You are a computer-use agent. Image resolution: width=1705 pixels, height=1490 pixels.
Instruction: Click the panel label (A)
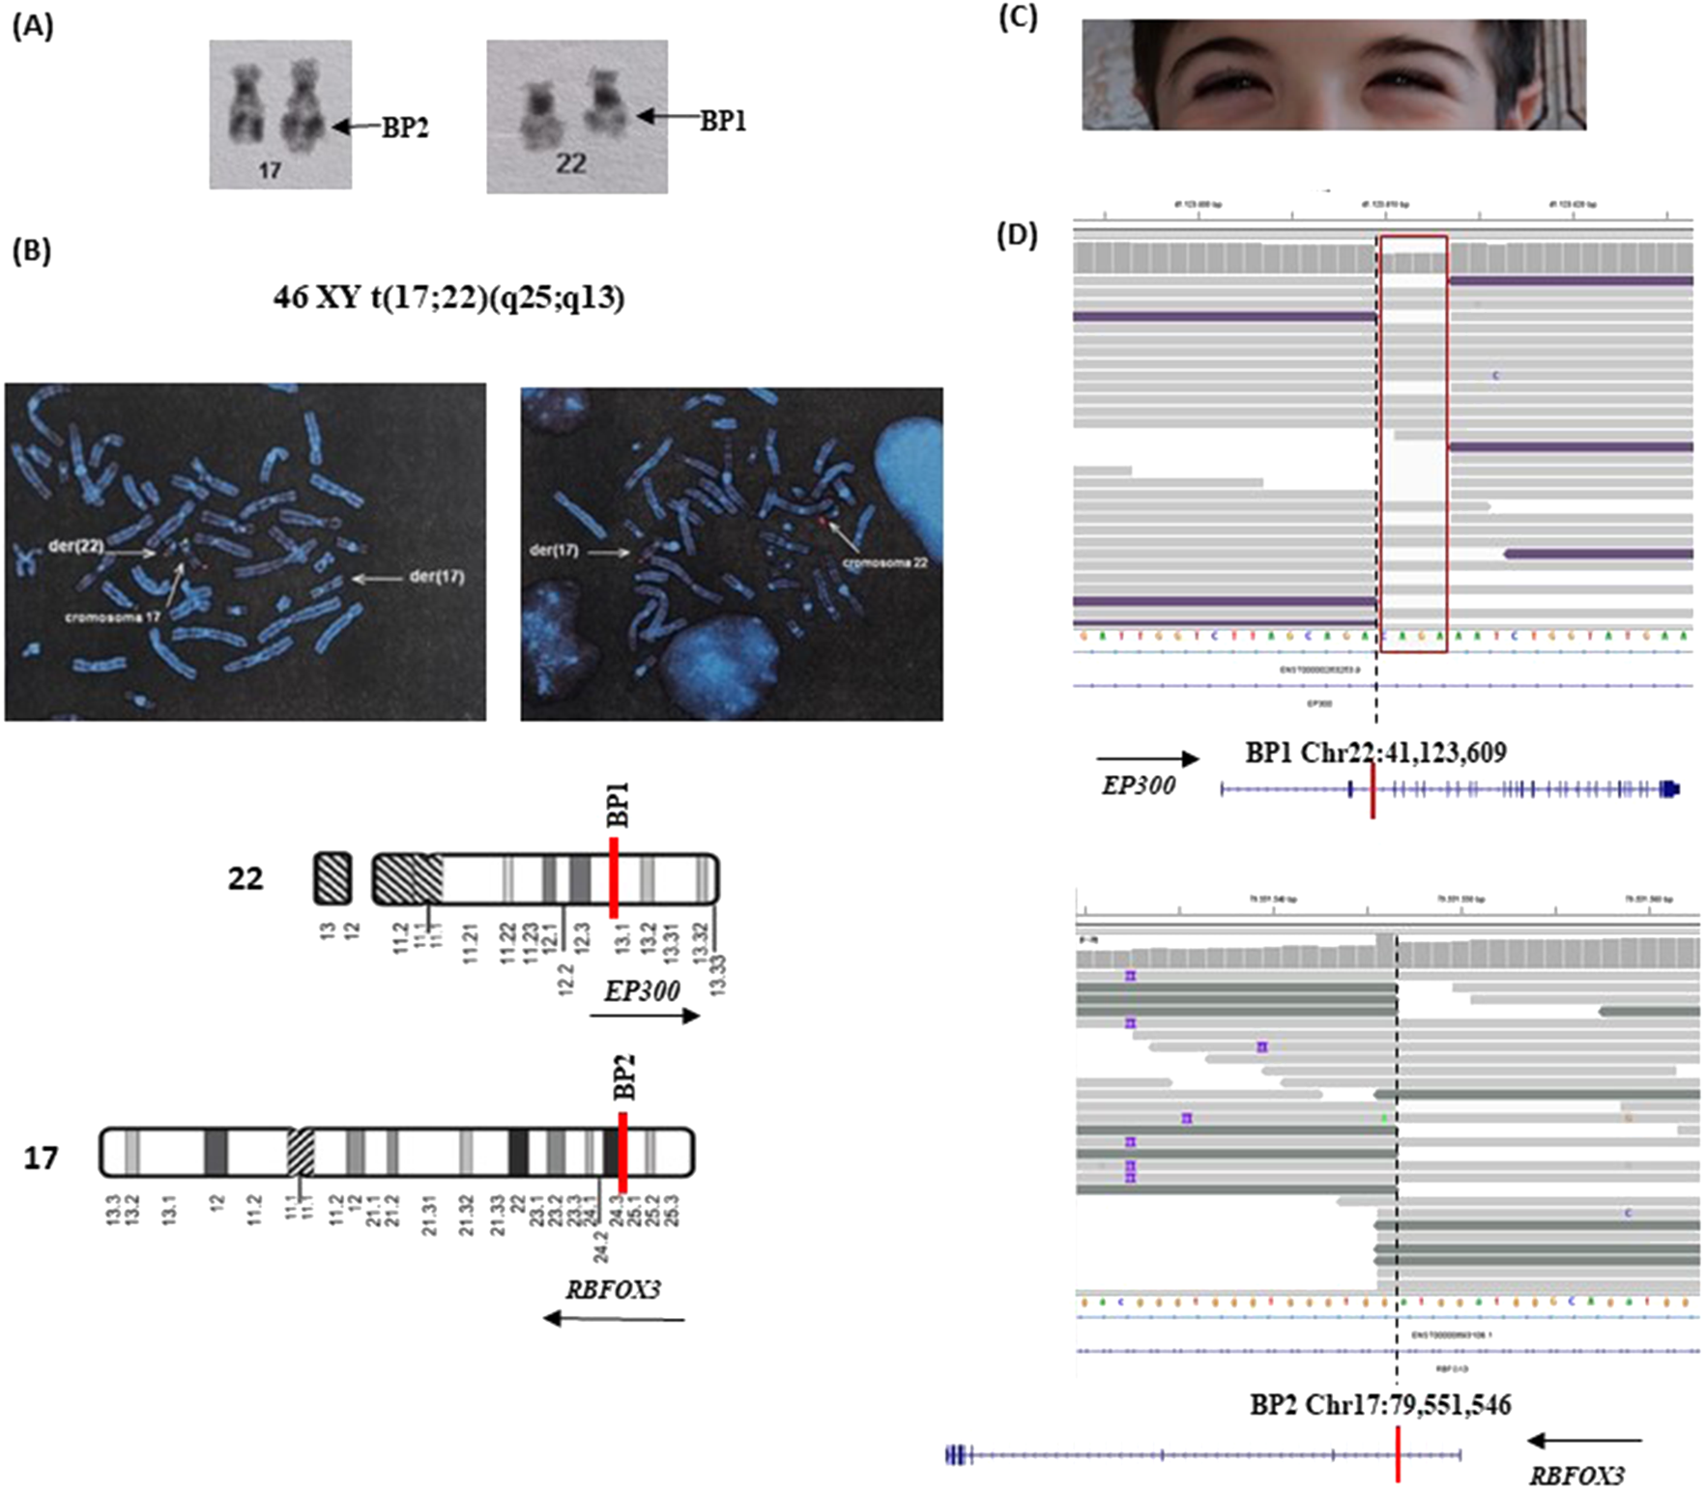[x=32, y=27]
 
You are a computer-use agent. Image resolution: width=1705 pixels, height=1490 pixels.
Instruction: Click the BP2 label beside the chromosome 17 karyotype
[x=404, y=129]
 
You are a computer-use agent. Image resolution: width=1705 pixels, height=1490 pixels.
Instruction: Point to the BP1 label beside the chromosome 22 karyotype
[x=722, y=121]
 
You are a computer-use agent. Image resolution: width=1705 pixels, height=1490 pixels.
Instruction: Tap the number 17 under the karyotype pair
[x=270, y=171]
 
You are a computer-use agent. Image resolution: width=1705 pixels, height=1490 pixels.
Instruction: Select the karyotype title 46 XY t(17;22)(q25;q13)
[x=448, y=298]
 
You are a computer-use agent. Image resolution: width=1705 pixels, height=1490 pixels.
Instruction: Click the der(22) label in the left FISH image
[x=75, y=546]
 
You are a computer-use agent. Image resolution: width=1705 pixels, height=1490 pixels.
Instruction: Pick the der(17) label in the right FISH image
[x=554, y=551]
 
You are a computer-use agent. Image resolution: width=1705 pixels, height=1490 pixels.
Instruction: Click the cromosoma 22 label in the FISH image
[x=885, y=561]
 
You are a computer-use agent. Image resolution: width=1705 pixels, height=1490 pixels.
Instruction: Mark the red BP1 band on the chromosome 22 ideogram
[x=614, y=877]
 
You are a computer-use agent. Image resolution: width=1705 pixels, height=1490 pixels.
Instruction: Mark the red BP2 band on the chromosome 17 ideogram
[x=622, y=1152]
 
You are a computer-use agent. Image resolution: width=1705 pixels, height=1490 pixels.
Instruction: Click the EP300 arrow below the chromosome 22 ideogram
[x=644, y=1016]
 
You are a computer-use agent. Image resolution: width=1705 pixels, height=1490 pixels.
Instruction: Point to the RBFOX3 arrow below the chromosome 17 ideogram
[x=614, y=1318]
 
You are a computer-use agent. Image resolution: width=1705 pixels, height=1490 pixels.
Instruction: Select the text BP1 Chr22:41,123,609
[x=1375, y=752]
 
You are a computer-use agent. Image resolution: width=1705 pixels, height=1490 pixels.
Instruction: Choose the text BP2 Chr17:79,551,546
[x=1380, y=1404]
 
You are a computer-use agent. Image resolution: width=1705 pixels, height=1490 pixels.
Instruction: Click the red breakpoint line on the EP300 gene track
[x=1373, y=789]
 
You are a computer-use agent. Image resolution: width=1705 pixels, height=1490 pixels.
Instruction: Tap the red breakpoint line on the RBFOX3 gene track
[x=1398, y=1453]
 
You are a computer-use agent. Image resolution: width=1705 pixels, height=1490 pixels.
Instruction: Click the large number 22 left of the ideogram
[x=246, y=878]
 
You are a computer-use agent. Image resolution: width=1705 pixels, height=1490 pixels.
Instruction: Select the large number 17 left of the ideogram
[x=41, y=1157]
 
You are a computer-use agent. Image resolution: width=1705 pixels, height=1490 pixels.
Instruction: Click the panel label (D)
[x=1017, y=236]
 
